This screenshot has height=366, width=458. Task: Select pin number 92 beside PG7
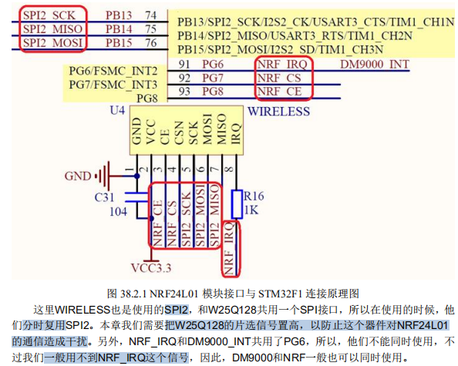185,78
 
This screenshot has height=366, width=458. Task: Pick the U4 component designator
117,111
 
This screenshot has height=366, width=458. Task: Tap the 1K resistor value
251,209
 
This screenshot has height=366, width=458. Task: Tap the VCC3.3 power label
152,268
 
